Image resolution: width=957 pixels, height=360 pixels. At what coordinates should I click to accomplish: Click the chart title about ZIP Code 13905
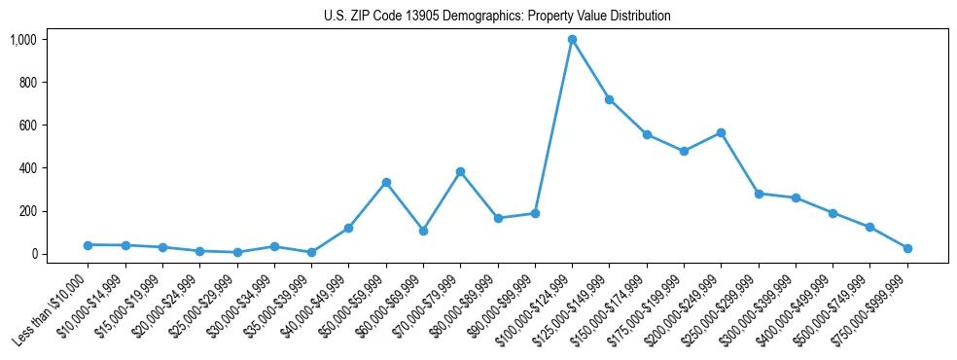(497, 17)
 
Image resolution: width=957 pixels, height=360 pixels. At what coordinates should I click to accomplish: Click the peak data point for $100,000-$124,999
(572, 40)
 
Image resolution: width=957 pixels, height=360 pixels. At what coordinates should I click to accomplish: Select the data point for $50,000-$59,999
(386, 183)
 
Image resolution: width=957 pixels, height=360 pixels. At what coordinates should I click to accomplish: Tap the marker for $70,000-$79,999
(460, 172)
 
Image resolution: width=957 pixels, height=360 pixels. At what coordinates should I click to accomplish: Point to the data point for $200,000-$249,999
(721, 133)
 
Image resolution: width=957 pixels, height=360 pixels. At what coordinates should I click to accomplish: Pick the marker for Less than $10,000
(88, 245)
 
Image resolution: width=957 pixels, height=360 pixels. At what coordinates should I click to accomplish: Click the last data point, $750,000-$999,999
(906, 248)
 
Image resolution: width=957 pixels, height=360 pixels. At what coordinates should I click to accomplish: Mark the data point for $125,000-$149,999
(609, 99)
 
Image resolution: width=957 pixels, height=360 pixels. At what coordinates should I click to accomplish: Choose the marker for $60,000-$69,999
(423, 231)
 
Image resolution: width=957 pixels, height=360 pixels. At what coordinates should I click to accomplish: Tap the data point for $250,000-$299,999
(759, 194)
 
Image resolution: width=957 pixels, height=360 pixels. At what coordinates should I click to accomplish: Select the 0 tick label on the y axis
(34, 254)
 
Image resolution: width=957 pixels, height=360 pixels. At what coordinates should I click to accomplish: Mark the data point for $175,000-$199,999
(684, 151)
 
